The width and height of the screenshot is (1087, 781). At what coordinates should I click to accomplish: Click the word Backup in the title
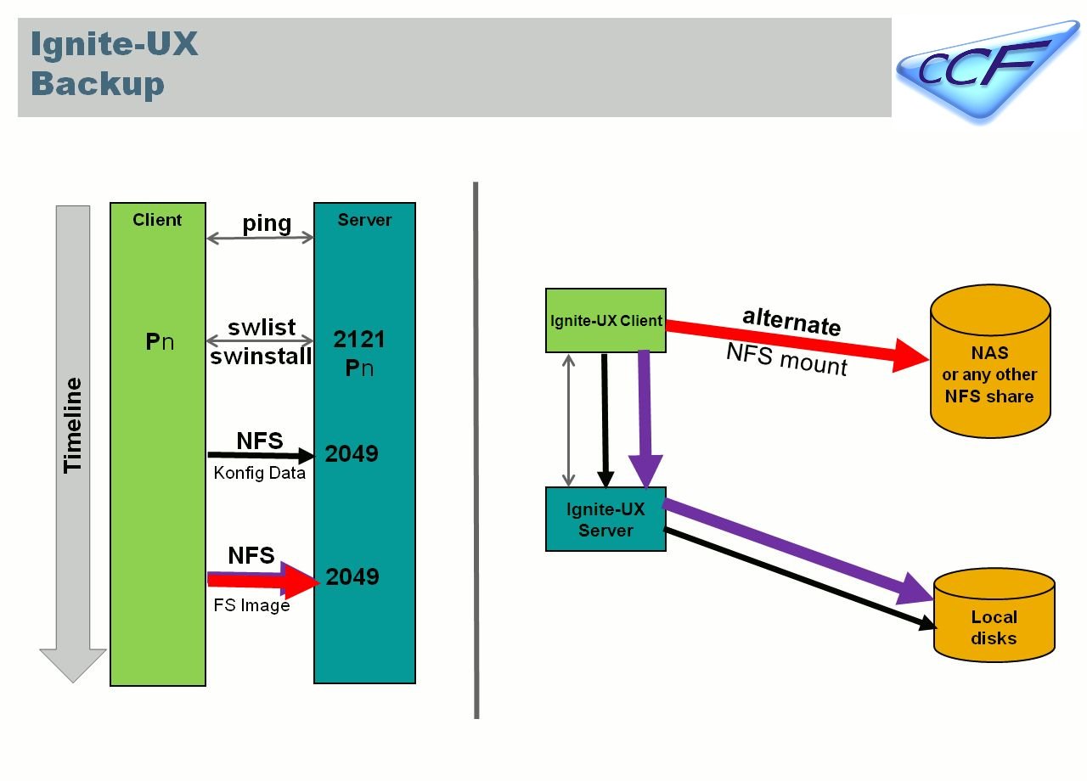point(98,84)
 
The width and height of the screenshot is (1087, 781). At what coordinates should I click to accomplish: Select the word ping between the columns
point(267,223)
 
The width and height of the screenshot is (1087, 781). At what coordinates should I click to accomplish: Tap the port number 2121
point(358,340)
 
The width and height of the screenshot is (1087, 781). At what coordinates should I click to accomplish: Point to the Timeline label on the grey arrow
point(73,424)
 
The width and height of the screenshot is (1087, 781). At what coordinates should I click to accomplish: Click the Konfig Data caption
point(259,474)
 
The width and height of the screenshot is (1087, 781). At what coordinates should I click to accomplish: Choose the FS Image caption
point(251,605)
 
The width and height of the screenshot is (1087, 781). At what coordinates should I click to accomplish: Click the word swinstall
point(261,357)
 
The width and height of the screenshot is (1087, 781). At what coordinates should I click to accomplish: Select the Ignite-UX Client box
point(605,321)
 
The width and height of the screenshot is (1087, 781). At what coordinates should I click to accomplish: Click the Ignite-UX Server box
point(605,519)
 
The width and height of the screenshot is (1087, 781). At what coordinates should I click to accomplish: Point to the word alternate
point(791,321)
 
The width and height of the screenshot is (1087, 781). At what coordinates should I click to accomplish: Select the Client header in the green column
point(157,220)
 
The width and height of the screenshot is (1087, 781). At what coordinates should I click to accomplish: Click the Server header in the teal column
point(364,220)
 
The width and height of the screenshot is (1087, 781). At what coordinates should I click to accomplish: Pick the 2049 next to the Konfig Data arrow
point(352,454)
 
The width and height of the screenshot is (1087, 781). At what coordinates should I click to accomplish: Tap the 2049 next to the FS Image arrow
point(352,577)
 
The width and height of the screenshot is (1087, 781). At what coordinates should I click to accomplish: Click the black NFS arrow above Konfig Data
point(259,456)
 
